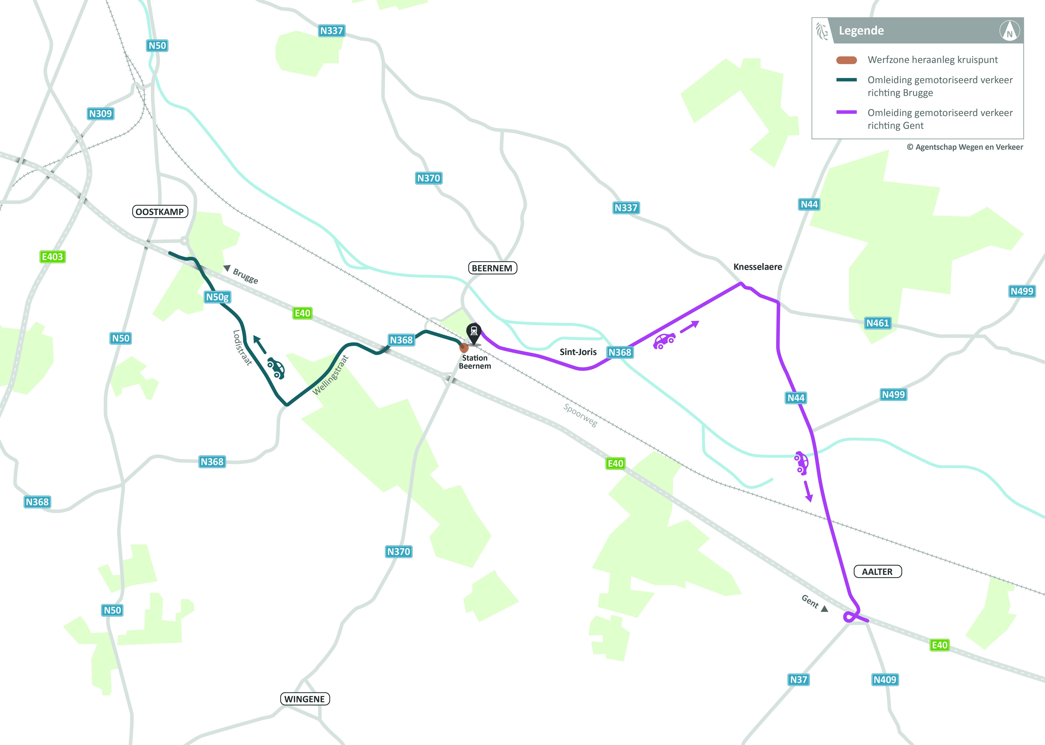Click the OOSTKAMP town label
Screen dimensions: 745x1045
click(160, 211)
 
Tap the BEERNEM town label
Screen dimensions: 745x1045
click(492, 268)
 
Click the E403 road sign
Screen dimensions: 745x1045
click(52, 256)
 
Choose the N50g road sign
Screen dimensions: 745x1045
click(217, 297)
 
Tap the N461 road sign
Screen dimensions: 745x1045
click(877, 323)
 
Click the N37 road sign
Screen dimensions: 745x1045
click(798, 679)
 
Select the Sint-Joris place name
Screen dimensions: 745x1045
click(578, 352)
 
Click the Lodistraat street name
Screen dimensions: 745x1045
click(242, 348)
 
